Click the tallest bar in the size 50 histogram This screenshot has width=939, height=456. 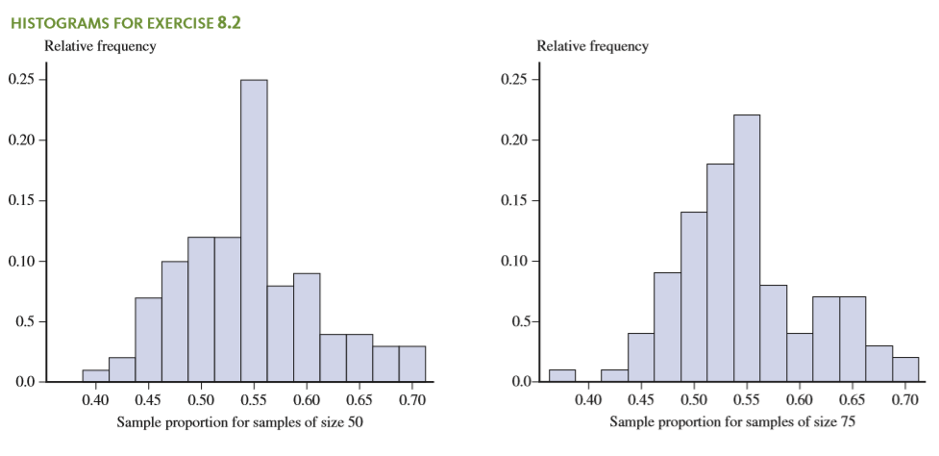pyautogui.click(x=254, y=231)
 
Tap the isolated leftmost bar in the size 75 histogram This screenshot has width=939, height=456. pyautogui.click(x=561, y=375)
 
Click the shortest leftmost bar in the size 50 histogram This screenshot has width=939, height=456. pyautogui.click(x=95, y=375)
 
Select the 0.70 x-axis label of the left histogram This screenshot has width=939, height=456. pyautogui.click(x=412, y=397)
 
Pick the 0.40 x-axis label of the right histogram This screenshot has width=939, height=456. pyautogui.click(x=588, y=397)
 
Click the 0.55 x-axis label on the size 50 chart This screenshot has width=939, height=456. pyautogui.click(x=254, y=397)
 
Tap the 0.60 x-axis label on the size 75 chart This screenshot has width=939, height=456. pyautogui.click(x=799, y=397)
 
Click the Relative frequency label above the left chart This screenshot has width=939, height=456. pyautogui.click(x=100, y=46)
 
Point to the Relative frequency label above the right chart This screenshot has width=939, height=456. pyautogui.click(x=592, y=46)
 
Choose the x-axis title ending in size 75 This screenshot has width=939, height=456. pyautogui.click(x=732, y=421)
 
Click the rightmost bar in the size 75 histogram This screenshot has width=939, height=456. pyautogui.click(x=904, y=369)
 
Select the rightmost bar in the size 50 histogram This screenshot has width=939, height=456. pyautogui.click(x=411, y=364)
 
